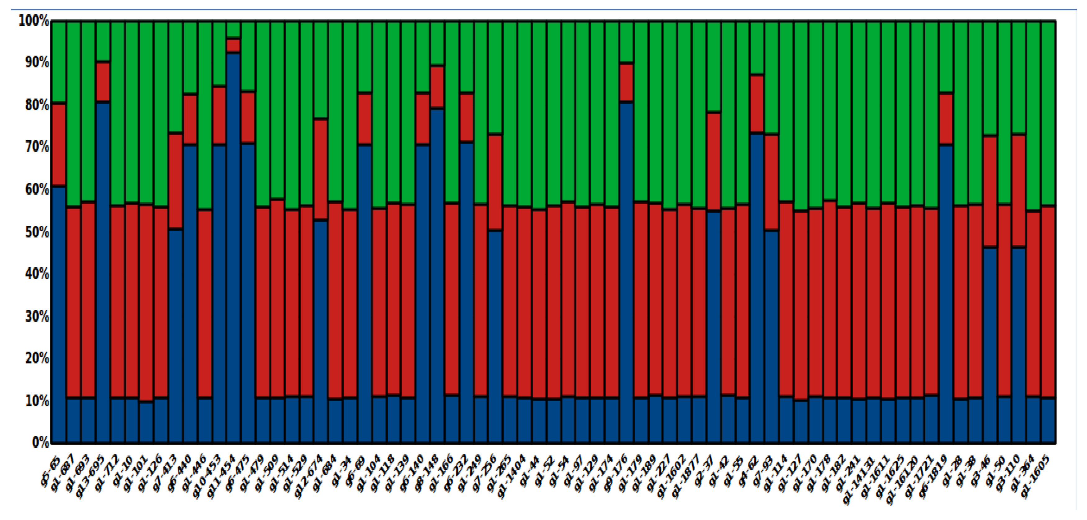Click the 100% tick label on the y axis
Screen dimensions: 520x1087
34,20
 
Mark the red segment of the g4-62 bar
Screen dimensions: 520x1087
757,104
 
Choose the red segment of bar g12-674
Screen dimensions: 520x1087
321,169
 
